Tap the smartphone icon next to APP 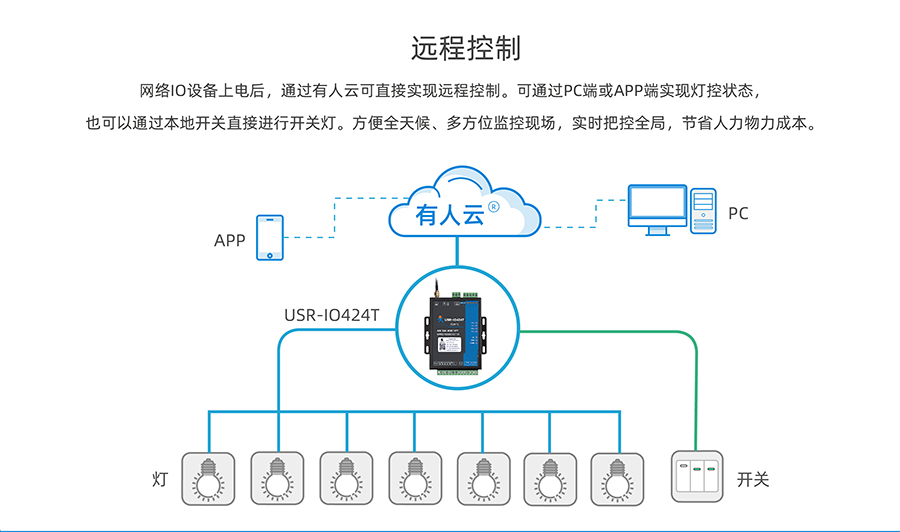269,238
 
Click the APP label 229,241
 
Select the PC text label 738,213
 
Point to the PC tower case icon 704,211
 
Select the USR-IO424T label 332,316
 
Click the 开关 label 752,479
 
